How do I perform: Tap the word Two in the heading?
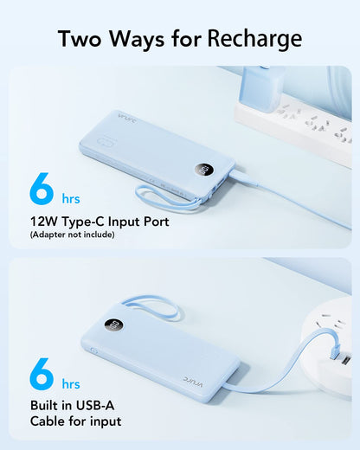click(84, 39)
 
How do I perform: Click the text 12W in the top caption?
click(45, 222)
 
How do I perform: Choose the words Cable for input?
click(75, 421)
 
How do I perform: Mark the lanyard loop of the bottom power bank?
click(151, 307)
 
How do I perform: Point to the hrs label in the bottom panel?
click(69, 382)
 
